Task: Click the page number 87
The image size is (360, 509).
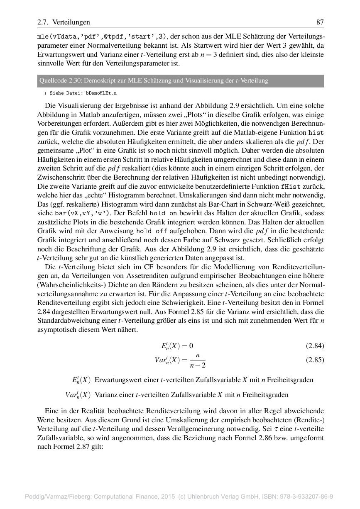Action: point(320,22)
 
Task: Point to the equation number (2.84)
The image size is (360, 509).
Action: point(315,346)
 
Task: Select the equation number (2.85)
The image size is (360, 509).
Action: point(315,360)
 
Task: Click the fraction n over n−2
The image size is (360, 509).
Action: point(198,360)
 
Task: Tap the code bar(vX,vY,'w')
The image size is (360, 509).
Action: point(88,213)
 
